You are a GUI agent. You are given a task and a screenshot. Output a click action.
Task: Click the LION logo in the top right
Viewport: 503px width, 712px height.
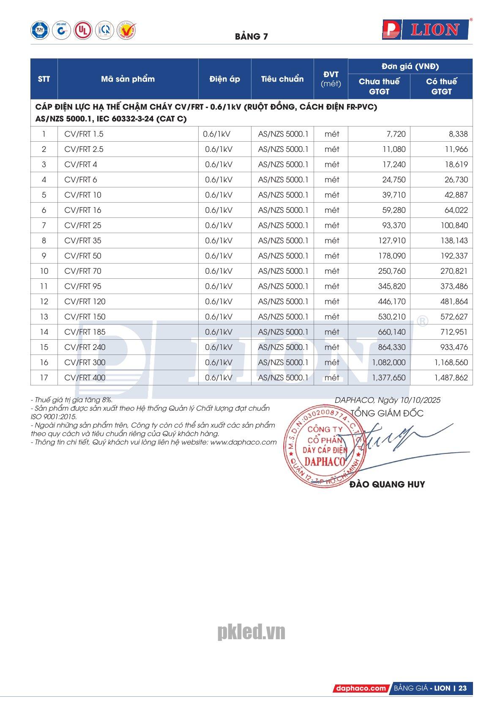pos(426,29)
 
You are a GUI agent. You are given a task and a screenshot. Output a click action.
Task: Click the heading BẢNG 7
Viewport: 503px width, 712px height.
pos(251,36)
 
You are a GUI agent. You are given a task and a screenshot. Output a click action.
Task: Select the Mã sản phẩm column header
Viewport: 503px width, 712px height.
pos(128,79)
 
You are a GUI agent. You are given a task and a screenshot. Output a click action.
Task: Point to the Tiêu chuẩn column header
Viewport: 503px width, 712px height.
pos(282,79)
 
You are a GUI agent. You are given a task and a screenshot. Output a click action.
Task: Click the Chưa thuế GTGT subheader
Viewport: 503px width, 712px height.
pos(379,86)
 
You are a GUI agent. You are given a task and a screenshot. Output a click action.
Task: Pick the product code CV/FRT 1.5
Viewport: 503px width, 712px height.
pos(84,134)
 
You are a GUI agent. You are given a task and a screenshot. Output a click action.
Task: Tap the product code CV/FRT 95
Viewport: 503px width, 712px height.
pos(83,286)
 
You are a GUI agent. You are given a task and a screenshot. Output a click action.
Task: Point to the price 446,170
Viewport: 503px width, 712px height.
pos(391,302)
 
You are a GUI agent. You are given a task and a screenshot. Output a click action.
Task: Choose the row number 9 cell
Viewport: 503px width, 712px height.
pos(44,256)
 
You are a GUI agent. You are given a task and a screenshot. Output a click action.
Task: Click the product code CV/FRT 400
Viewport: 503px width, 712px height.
pos(85,378)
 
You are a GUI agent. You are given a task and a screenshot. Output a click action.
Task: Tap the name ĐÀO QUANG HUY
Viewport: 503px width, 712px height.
pos(387,484)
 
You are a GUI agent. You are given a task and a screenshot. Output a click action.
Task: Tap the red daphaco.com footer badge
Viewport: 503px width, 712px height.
pos(361,688)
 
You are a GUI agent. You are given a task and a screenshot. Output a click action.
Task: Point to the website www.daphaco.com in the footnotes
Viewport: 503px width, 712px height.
pos(243,442)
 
